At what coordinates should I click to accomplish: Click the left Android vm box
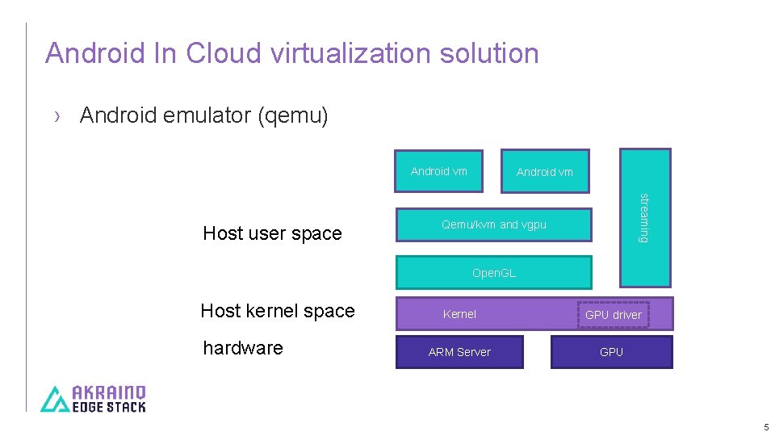(438, 171)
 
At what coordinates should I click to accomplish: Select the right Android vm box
(544, 172)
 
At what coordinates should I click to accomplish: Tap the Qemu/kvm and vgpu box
(493, 224)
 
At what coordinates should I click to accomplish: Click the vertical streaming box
(644, 217)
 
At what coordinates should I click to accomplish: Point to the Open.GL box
(493, 273)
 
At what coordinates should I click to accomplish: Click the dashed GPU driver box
(613, 314)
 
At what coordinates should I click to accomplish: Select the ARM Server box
(459, 352)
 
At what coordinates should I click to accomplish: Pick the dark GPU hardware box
(611, 352)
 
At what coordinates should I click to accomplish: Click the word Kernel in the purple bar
(459, 314)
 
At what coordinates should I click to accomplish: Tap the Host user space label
(272, 233)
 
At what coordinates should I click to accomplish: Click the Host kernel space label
(278, 311)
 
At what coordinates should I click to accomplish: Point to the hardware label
(243, 348)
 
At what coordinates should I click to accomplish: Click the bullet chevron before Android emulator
(57, 116)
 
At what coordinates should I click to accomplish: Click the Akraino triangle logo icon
(55, 399)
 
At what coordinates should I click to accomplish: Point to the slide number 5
(766, 427)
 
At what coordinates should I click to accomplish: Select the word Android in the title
(96, 53)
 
